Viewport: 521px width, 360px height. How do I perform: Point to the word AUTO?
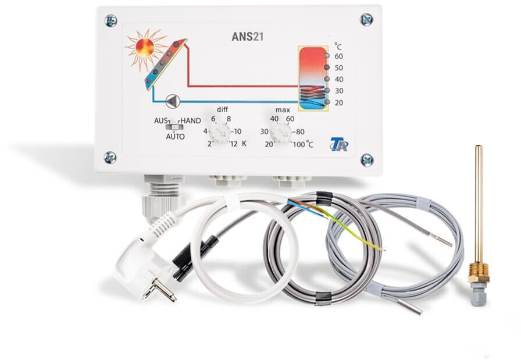click(x=175, y=137)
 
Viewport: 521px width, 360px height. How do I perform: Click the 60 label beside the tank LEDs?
click(x=339, y=56)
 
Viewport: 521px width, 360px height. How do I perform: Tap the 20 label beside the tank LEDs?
click(x=339, y=102)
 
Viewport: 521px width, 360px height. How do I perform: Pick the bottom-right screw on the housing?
click(x=366, y=159)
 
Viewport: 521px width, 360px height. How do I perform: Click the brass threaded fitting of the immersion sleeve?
click(x=478, y=271)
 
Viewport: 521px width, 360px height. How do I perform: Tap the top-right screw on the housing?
click(x=366, y=20)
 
